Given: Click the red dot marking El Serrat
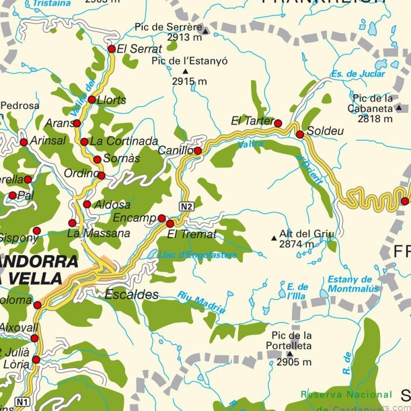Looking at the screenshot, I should point(111,49).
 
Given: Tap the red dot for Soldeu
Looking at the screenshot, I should point(300,134).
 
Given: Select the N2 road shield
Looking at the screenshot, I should point(186,206).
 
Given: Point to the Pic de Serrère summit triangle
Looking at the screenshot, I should point(206,31).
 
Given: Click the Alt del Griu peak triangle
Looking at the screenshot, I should point(274,238).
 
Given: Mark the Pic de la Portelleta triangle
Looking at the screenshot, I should point(289,353).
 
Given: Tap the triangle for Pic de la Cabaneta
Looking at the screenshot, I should point(399,108).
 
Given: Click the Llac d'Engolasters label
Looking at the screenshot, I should point(198,255).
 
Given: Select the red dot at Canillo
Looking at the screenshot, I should point(198,151).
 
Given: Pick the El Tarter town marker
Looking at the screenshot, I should point(278,123).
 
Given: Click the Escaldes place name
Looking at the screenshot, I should point(132,295).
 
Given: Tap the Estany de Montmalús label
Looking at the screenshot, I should point(353,284).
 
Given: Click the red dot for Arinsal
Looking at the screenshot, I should point(24,142).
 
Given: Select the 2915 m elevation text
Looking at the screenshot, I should point(189,81).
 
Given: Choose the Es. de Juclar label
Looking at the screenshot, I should point(358,74).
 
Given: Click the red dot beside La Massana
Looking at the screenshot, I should point(72,223).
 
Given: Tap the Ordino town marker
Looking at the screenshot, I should point(101,176).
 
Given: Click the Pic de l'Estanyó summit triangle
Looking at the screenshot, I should point(185,71).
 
